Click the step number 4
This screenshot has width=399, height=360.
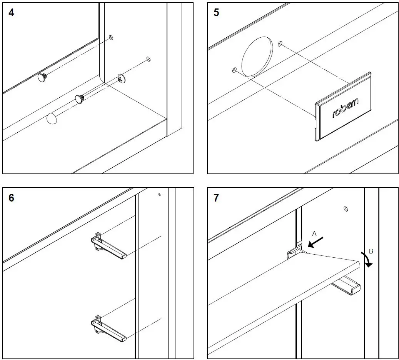[11, 12]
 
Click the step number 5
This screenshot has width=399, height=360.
[216, 12]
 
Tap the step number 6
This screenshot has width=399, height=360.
[11, 198]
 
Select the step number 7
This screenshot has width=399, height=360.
[216, 198]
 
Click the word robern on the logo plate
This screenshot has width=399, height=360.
[345, 108]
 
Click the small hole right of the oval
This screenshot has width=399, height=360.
[280, 43]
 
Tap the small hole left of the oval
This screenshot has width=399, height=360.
[234, 70]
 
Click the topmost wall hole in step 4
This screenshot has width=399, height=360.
[111, 37]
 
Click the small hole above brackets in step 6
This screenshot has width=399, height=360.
[159, 195]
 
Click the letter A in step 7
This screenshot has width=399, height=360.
[314, 233]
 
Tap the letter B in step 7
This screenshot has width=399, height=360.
[371, 251]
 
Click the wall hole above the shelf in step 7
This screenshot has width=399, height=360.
[346, 209]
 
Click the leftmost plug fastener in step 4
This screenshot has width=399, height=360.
[43, 78]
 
